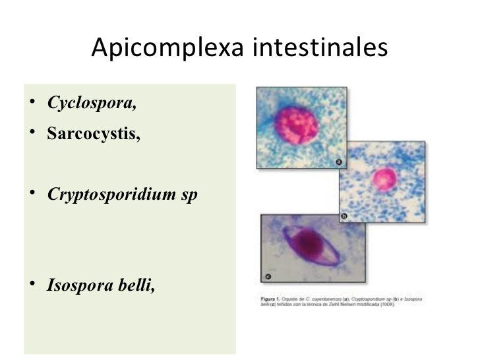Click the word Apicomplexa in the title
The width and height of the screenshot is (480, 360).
[167, 48]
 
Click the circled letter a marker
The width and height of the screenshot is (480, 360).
[338, 161]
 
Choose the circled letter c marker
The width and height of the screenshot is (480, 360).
[268, 276]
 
